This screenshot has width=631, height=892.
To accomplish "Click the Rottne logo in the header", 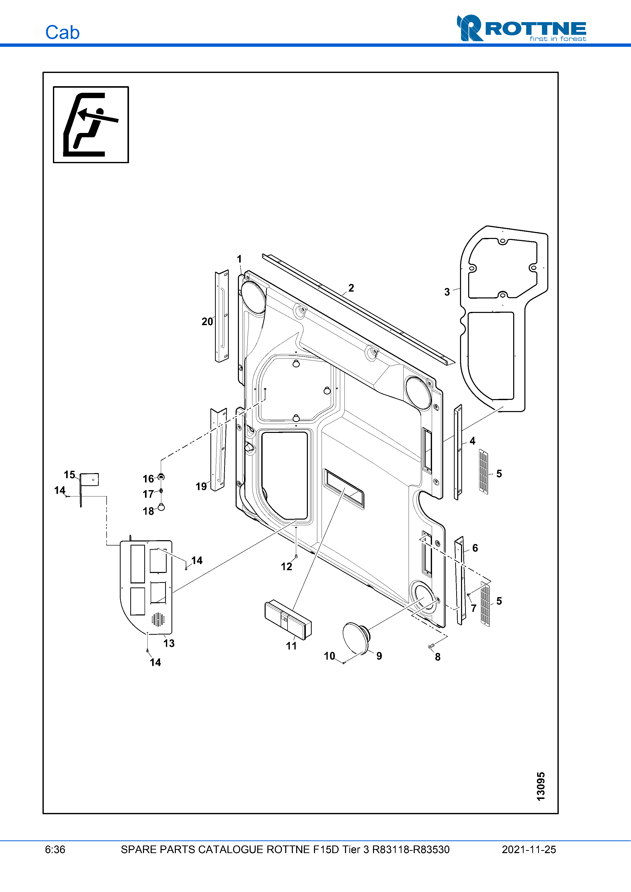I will (x=521, y=28).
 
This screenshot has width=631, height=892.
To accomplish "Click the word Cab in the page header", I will (x=62, y=33).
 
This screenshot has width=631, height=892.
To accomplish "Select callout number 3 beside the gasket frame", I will (x=447, y=292).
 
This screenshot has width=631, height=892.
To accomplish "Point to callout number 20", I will (x=207, y=322).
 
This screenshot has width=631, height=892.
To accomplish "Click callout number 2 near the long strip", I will (x=351, y=288).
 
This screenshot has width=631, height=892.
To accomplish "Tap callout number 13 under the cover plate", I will (x=169, y=643).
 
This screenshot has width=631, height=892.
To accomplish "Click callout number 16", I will (x=148, y=479).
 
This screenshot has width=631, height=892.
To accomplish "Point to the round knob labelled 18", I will (x=161, y=507).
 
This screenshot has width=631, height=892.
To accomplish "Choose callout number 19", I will (x=201, y=486).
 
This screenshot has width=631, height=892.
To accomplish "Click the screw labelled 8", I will (x=431, y=646).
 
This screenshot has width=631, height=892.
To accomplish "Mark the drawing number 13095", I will (x=540, y=787).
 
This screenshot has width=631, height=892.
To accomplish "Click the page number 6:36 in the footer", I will (x=55, y=850).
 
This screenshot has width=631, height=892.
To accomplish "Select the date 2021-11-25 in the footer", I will (x=529, y=850).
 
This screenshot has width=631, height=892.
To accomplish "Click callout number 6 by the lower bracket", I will (x=475, y=548).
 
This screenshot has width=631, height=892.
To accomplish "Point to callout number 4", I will (x=472, y=441).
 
